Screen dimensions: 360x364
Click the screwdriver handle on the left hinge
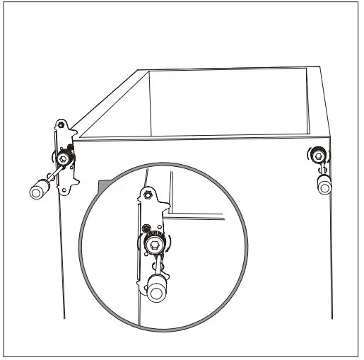click(37, 190)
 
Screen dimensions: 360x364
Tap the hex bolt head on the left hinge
click(64, 160)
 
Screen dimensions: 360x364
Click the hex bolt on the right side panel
click(319, 155)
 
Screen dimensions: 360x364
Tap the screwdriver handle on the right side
click(324, 185)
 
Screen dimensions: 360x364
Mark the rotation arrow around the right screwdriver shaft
click(322, 170)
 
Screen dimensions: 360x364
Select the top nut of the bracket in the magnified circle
click(148, 194)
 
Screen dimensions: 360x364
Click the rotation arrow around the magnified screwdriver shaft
click(156, 267)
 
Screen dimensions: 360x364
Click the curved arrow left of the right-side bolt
click(311, 155)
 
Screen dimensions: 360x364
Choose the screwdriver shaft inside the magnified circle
click(155, 265)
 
